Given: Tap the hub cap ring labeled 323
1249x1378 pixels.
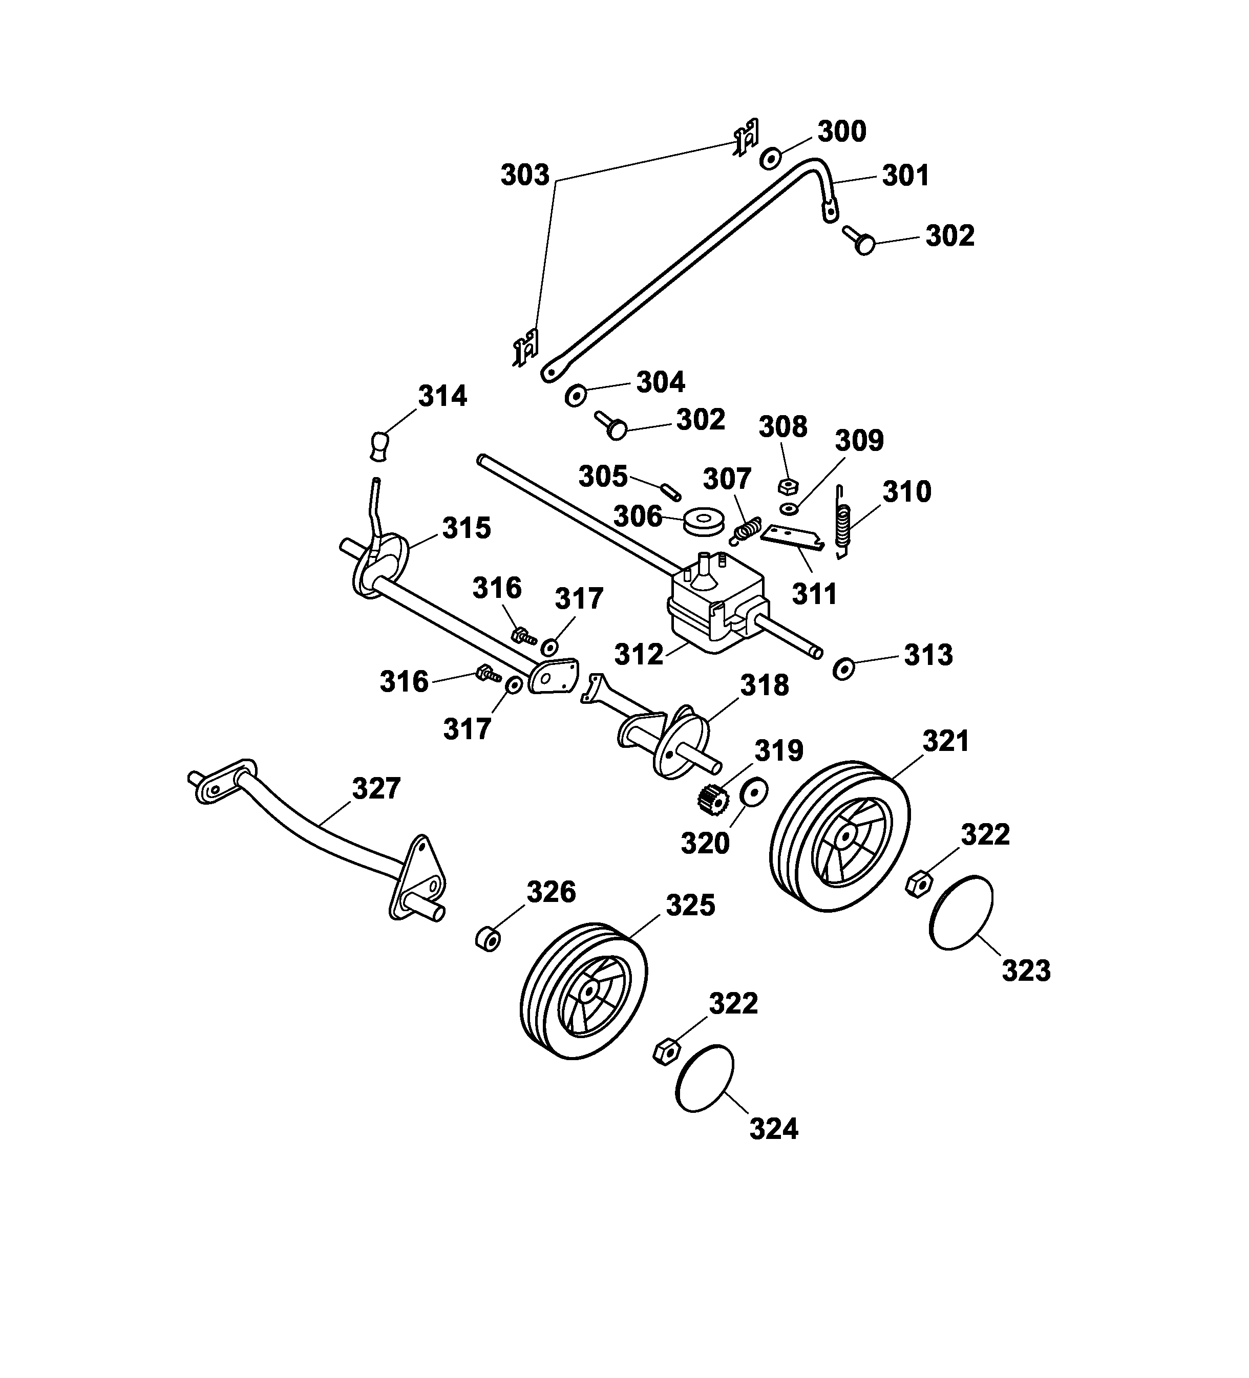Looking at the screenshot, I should pos(961,913).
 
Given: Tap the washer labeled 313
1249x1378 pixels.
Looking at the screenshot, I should pos(843,669).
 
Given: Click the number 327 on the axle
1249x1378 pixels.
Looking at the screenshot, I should pos(375,788).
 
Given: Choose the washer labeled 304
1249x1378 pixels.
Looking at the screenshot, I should pos(576,395).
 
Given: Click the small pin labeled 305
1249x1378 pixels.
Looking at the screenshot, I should pos(669,491).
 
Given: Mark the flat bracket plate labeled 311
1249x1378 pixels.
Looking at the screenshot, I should pos(792,536).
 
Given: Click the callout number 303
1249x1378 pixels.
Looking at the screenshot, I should pos(524,176).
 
